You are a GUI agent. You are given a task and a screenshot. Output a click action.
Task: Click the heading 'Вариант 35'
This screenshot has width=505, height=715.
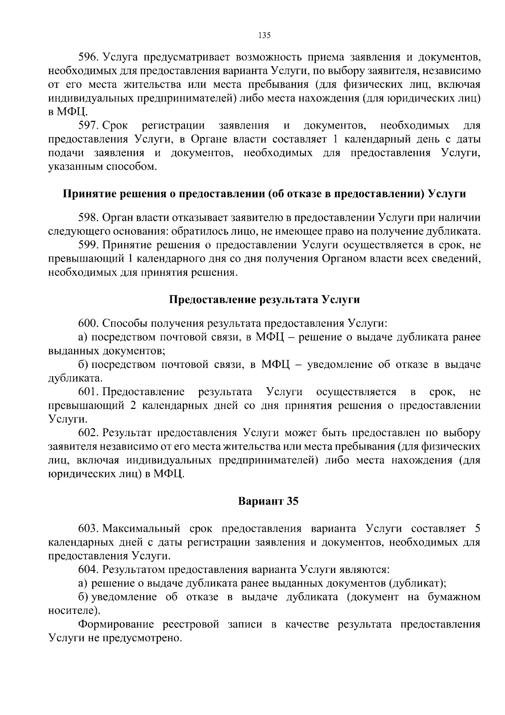tap(268, 501)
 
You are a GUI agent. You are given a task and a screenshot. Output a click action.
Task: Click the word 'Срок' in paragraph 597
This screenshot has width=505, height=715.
tap(116, 126)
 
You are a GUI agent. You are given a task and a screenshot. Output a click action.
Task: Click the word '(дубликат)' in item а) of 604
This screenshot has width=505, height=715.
tap(417, 584)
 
